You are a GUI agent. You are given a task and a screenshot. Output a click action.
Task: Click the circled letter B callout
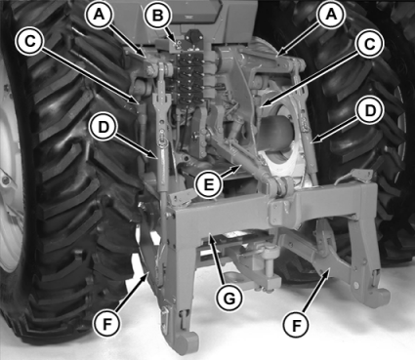pos(158,16)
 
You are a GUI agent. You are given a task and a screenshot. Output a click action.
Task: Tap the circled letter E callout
pos(209,184)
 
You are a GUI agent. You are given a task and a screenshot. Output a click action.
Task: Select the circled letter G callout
pos(229,299)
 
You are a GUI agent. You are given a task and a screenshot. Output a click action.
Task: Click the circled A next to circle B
pos(100,15)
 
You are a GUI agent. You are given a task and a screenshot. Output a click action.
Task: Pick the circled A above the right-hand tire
pos(331,15)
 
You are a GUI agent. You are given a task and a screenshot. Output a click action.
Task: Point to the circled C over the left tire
pos(30,42)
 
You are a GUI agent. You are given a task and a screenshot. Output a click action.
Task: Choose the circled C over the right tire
pos(369,44)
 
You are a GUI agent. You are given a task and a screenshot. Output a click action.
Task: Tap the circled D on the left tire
pos(104,127)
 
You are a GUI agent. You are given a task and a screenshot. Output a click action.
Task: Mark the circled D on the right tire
pos(370,111)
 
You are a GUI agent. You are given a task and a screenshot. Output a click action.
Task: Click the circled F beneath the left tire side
pos(106,324)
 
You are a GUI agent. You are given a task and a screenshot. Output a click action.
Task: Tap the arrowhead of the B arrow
pos(177,42)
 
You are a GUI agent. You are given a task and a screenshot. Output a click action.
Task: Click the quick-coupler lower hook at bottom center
pos(187,339)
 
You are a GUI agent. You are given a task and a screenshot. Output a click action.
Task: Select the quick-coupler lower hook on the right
pos(380,296)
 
